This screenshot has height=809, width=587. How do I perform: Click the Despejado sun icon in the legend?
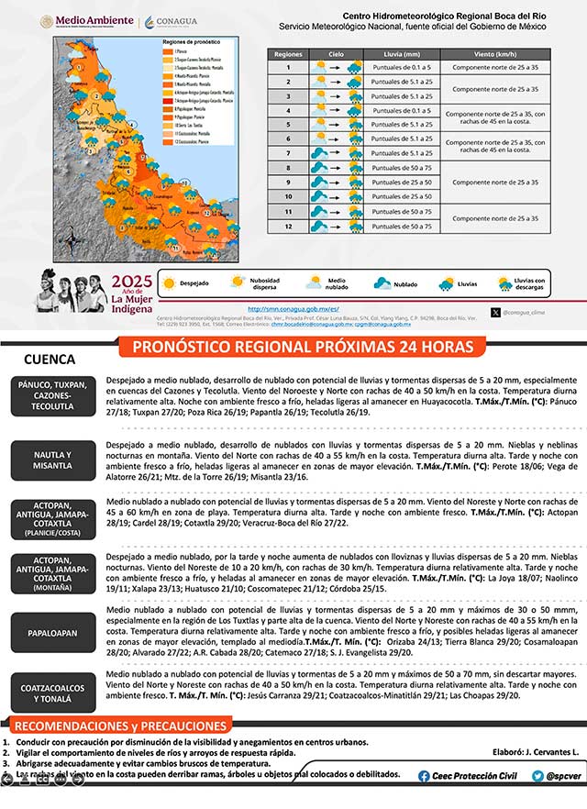tap(169, 283)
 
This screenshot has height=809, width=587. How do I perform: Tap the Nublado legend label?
tap(405, 284)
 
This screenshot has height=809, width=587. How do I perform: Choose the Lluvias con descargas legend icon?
tap(504, 283)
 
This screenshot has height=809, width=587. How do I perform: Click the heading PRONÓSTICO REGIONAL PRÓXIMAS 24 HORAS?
tap(303, 347)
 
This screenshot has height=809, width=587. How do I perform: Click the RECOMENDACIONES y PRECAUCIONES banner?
tap(120, 726)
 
